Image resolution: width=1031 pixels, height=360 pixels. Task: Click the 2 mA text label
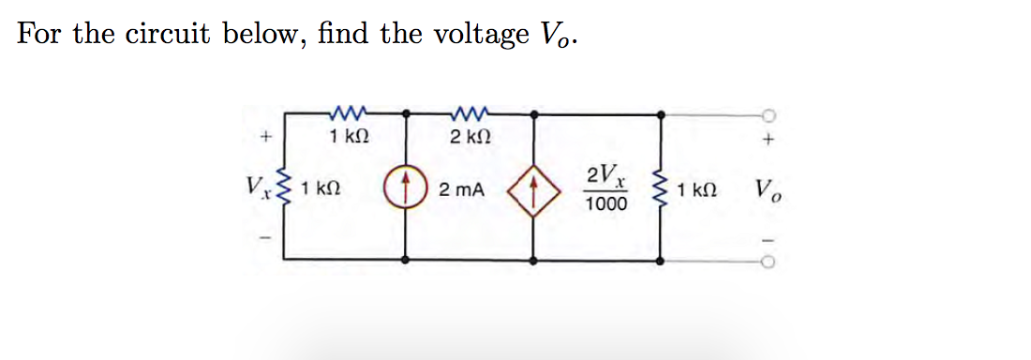click(461, 191)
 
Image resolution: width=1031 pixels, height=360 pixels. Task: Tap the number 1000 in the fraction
click(602, 203)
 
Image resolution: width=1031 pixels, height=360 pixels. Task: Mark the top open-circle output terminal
click(768, 114)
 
